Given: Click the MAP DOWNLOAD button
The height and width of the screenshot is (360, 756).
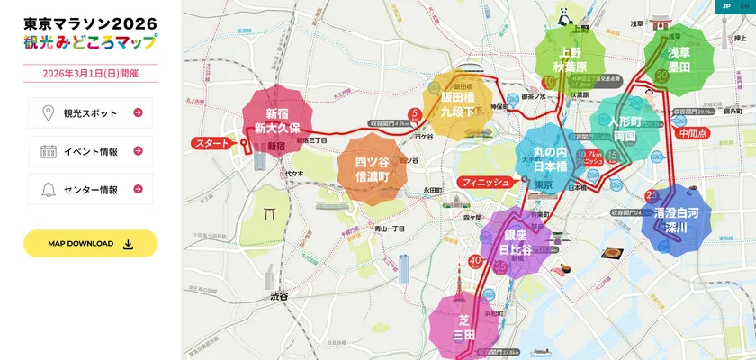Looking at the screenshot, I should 90,243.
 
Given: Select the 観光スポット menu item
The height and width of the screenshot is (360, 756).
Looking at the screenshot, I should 90,112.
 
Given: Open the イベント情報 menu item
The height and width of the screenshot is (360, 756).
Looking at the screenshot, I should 90,151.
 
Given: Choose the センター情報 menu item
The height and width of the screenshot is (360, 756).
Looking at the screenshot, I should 90,190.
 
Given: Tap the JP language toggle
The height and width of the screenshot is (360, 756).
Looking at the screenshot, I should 724,5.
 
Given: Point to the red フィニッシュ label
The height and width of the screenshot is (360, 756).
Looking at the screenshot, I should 485,182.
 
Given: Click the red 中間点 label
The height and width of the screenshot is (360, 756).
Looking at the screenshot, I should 693,131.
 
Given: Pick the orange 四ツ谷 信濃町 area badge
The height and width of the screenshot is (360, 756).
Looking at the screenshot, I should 372,169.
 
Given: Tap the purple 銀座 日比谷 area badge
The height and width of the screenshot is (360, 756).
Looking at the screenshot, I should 516,241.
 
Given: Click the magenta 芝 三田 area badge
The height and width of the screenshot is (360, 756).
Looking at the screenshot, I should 463,326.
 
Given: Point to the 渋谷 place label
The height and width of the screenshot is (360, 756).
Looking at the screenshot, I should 278,295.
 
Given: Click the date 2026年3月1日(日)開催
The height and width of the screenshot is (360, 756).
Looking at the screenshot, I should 90,74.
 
